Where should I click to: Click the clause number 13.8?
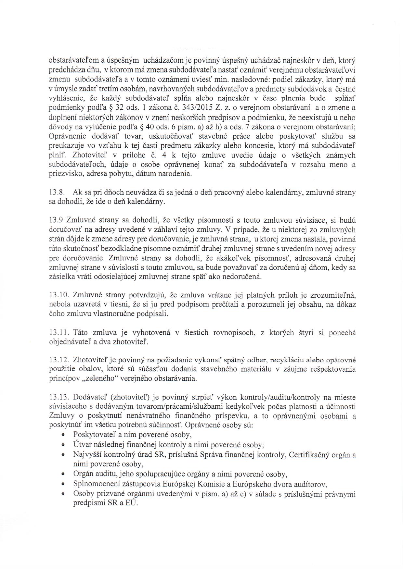click(56, 192)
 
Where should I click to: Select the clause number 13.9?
click(55, 220)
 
